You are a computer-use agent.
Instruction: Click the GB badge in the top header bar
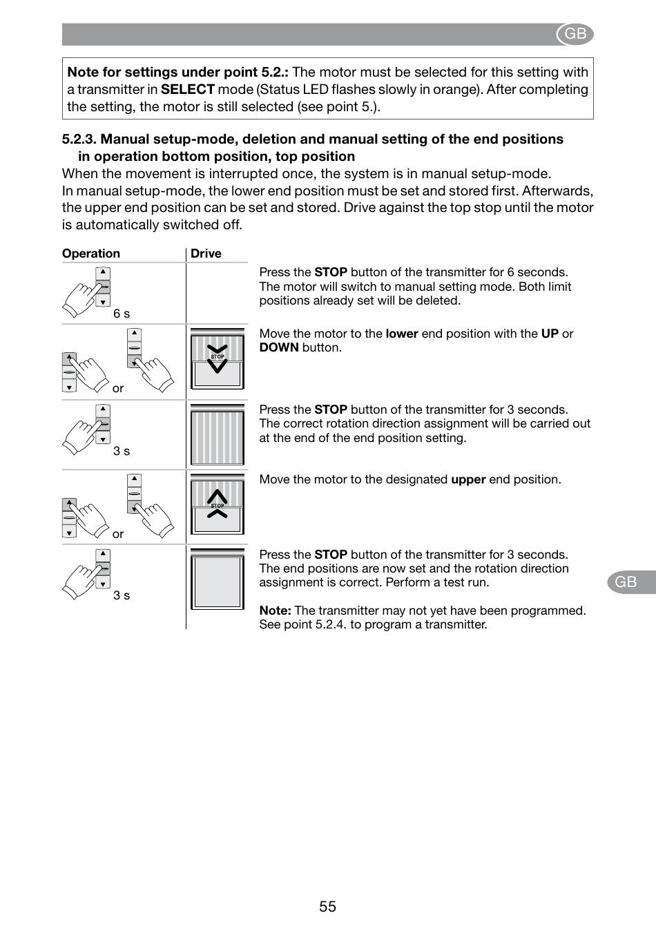tap(575, 34)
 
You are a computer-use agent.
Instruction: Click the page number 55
tap(327, 906)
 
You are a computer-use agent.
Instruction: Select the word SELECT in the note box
tap(187, 89)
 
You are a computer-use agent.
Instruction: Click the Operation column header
tap(91, 253)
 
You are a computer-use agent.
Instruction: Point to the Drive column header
tap(206, 253)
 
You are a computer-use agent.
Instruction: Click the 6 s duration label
tap(122, 314)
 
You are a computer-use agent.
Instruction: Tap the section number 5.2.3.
tap(79, 139)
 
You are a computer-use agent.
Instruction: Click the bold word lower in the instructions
tap(402, 334)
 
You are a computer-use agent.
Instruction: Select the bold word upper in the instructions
tap(468, 479)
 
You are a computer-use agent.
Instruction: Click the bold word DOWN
tap(279, 347)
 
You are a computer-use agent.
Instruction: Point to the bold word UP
tap(550, 334)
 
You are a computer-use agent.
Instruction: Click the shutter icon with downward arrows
tap(218, 358)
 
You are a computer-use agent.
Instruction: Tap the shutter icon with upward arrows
tap(218, 504)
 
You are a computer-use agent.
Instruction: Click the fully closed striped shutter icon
tap(218, 434)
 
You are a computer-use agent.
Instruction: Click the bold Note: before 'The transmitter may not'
tap(275, 611)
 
